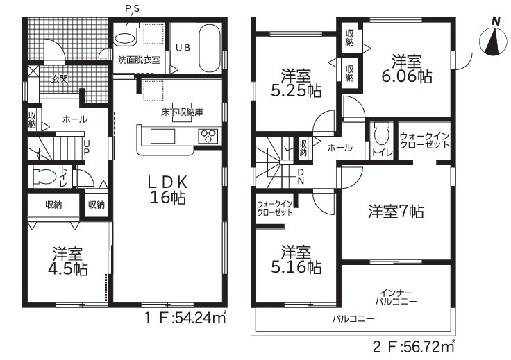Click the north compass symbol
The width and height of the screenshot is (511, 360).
(x=494, y=41)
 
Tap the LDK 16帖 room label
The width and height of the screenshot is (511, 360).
(x=168, y=190)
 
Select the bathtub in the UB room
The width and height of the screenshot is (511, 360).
(x=209, y=49)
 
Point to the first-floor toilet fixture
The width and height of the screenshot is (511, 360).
(x=44, y=176)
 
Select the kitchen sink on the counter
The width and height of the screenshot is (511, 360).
(x=162, y=136)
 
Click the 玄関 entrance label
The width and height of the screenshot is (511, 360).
(x=59, y=78)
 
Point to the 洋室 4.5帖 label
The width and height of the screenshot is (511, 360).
(x=68, y=261)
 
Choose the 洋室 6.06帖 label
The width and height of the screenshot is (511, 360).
(x=406, y=69)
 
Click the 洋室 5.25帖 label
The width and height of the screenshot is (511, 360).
(x=296, y=83)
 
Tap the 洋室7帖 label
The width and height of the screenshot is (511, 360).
(x=396, y=212)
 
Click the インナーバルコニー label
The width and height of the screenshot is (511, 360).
(x=396, y=298)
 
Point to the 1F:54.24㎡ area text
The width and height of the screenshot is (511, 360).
(x=185, y=317)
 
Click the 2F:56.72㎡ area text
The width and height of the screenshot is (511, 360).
(x=413, y=346)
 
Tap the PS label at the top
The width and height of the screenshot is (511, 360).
(x=133, y=9)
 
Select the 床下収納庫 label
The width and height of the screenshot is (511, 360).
(x=182, y=112)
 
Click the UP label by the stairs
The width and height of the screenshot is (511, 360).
(x=87, y=148)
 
